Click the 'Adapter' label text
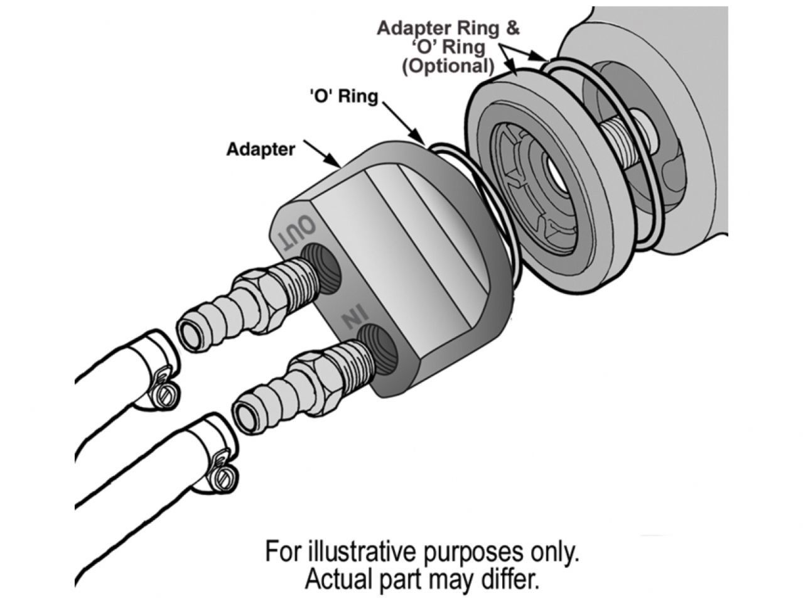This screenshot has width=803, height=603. coord(261,149)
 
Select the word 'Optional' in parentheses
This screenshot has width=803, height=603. coord(448,65)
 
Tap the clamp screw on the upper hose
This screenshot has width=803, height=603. coord(165,394)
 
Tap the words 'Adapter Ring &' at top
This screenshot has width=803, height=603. coord(448,28)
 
